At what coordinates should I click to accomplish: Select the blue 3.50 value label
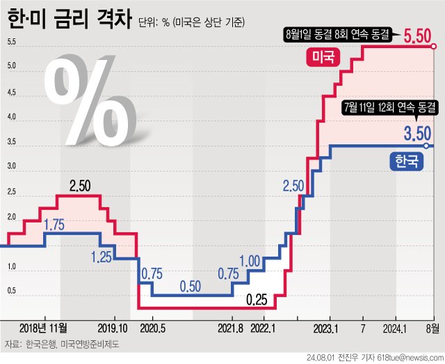(x=419, y=132)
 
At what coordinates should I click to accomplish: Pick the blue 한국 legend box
(x=405, y=162)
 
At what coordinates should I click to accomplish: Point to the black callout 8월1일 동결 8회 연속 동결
(x=338, y=33)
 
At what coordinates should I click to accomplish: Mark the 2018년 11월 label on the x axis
(x=43, y=327)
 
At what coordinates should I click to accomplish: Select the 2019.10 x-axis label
(x=113, y=327)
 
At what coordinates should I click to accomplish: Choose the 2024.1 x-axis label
(x=395, y=327)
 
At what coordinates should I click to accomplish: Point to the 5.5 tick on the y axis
(x=12, y=42)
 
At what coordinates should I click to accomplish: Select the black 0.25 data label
(x=257, y=300)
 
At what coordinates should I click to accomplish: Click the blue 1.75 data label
(x=54, y=225)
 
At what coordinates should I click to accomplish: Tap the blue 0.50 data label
(x=191, y=286)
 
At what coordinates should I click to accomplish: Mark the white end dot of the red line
(x=434, y=47)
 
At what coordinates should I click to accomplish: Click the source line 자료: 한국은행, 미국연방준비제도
(x=63, y=344)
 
